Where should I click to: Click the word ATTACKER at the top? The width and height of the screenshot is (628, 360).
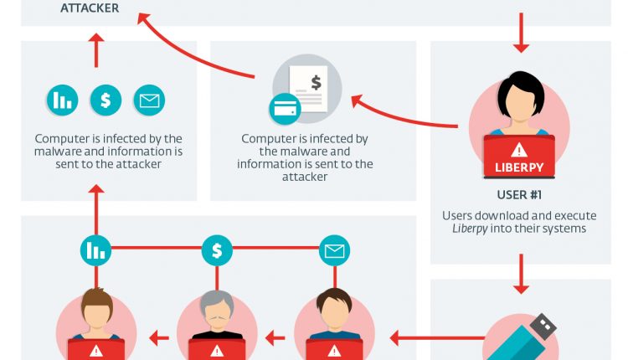[x=90, y=9]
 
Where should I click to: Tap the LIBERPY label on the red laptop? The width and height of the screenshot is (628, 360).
[x=519, y=167]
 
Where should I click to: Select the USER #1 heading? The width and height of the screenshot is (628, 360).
[x=519, y=196]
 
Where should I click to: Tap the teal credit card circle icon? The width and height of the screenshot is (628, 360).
[x=284, y=110]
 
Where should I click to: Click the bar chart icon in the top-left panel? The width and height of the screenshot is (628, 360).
[x=62, y=101]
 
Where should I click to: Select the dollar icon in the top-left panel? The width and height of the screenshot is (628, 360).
[x=106, y=101]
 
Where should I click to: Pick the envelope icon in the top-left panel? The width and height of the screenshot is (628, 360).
[x=149, y=101]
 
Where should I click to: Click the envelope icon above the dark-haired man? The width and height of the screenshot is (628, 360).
[x=335, y=249]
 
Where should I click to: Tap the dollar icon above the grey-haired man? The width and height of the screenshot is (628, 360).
[x=217, y=249]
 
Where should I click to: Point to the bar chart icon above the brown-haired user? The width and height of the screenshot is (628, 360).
[x=95, y=249]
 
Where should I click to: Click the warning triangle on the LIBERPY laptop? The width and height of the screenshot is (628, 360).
[x=519, y=150]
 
